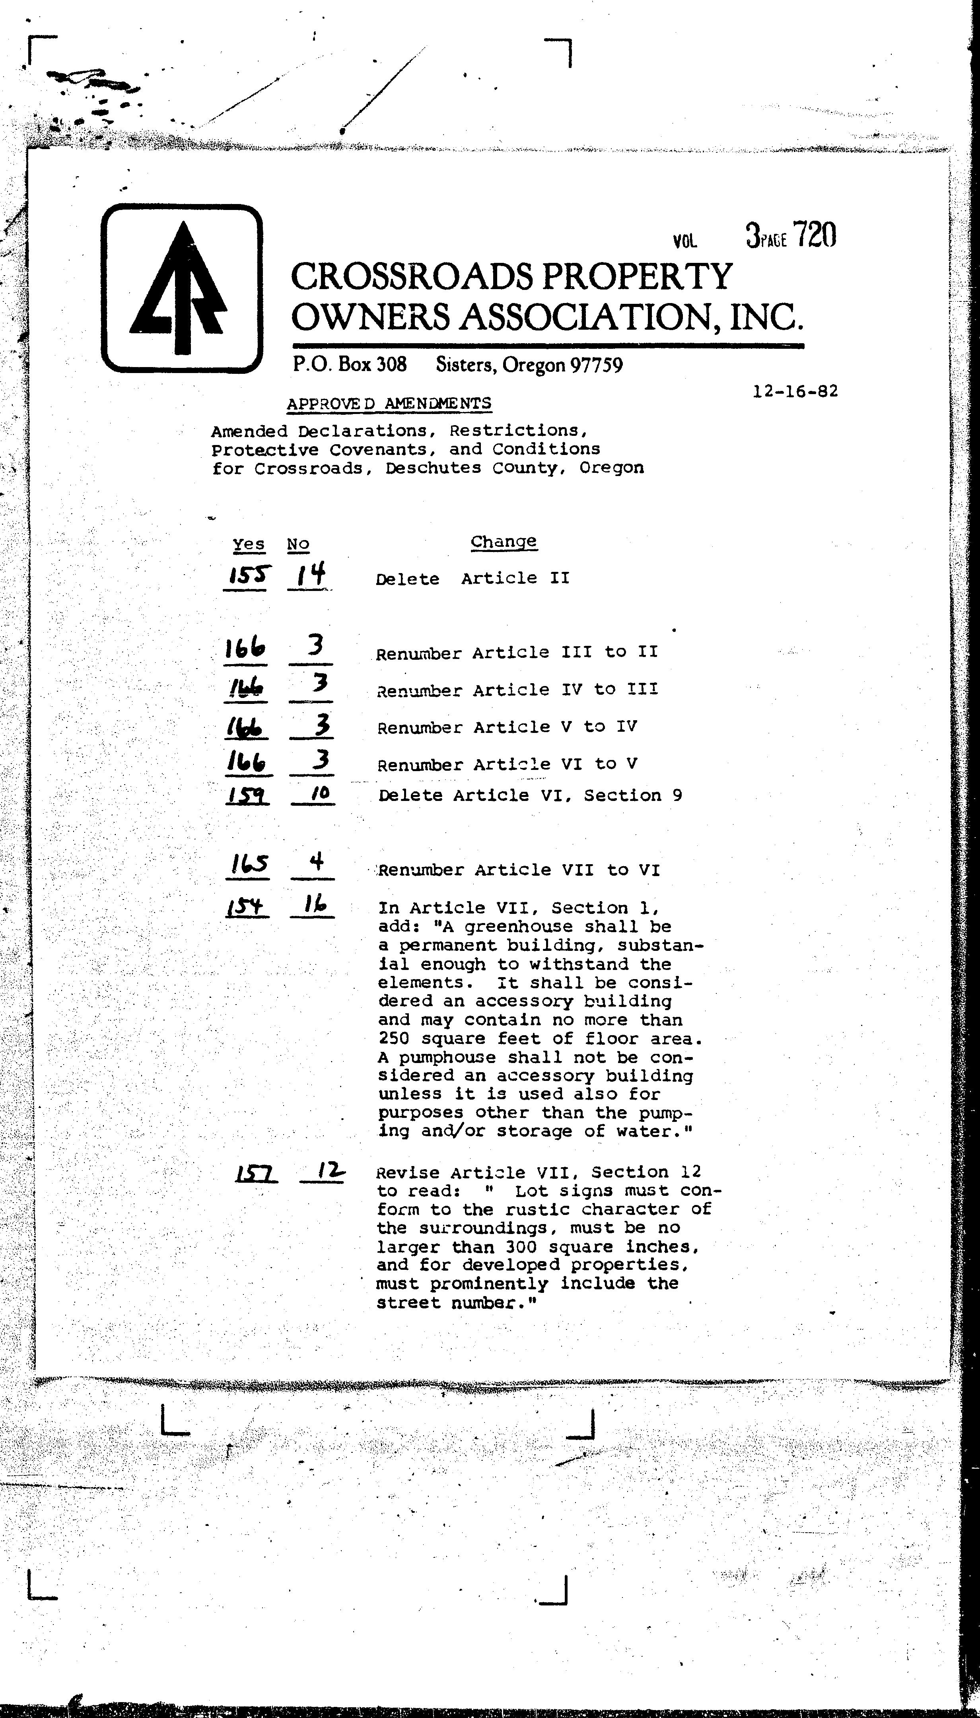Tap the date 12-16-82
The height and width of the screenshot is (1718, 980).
(x=795, y=391)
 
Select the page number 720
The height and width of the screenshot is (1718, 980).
(x=815, y=235)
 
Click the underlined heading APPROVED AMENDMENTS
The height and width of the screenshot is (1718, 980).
(x=389, y=403)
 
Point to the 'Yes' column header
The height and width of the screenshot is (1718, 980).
(x=248, y=544)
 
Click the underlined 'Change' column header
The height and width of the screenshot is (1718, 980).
(x=504, y=542)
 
